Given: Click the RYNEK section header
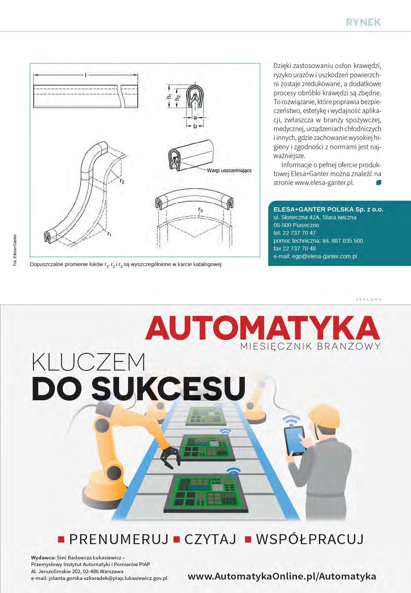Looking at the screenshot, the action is pos(363,22).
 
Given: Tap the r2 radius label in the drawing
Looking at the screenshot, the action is pos(122,181).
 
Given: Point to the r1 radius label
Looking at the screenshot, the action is pos(109,234).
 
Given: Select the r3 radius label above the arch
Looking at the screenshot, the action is pos(201,210).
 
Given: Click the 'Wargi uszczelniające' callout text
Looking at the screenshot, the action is pos(229,170).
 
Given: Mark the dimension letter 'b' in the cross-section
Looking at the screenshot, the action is pos(195,126).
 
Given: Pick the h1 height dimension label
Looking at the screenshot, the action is pos(170,96).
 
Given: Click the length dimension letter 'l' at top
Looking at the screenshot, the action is pos(86,75).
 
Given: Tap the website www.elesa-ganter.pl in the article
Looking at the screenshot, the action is pos(324,183).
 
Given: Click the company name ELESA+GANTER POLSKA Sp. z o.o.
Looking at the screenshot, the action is pos(328,209).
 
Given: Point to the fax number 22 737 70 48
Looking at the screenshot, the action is pos(294,248).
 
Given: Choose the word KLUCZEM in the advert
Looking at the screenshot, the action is pos(89,362).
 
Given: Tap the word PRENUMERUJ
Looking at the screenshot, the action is pos(119,539).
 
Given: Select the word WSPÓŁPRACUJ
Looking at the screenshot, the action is pos(310,539).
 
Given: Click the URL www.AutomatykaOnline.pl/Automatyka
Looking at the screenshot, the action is pos(282,576).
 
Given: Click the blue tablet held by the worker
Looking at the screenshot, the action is pos(294,440).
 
